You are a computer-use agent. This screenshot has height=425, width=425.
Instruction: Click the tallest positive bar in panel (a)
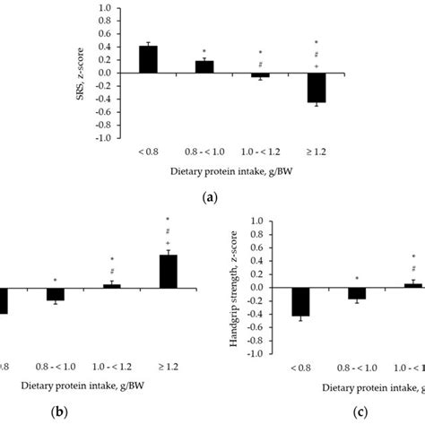(148, 59)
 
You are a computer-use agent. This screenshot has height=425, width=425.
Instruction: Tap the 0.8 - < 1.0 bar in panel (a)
(204, 66)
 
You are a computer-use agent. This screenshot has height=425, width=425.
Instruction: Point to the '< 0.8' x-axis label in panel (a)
(148, 152)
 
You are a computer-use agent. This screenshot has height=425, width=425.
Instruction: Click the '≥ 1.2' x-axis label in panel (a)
(316, 152)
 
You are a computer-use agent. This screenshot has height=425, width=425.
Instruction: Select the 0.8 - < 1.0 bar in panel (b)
(56, 294)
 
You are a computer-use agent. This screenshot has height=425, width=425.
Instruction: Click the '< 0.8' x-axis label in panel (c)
(300, 368)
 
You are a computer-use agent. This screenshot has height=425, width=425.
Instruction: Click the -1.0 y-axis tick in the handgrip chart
(256, 353)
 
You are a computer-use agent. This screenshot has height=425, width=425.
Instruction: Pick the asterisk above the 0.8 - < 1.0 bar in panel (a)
(204, 51)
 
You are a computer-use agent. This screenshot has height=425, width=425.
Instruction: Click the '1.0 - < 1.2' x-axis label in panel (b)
(112, 368)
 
